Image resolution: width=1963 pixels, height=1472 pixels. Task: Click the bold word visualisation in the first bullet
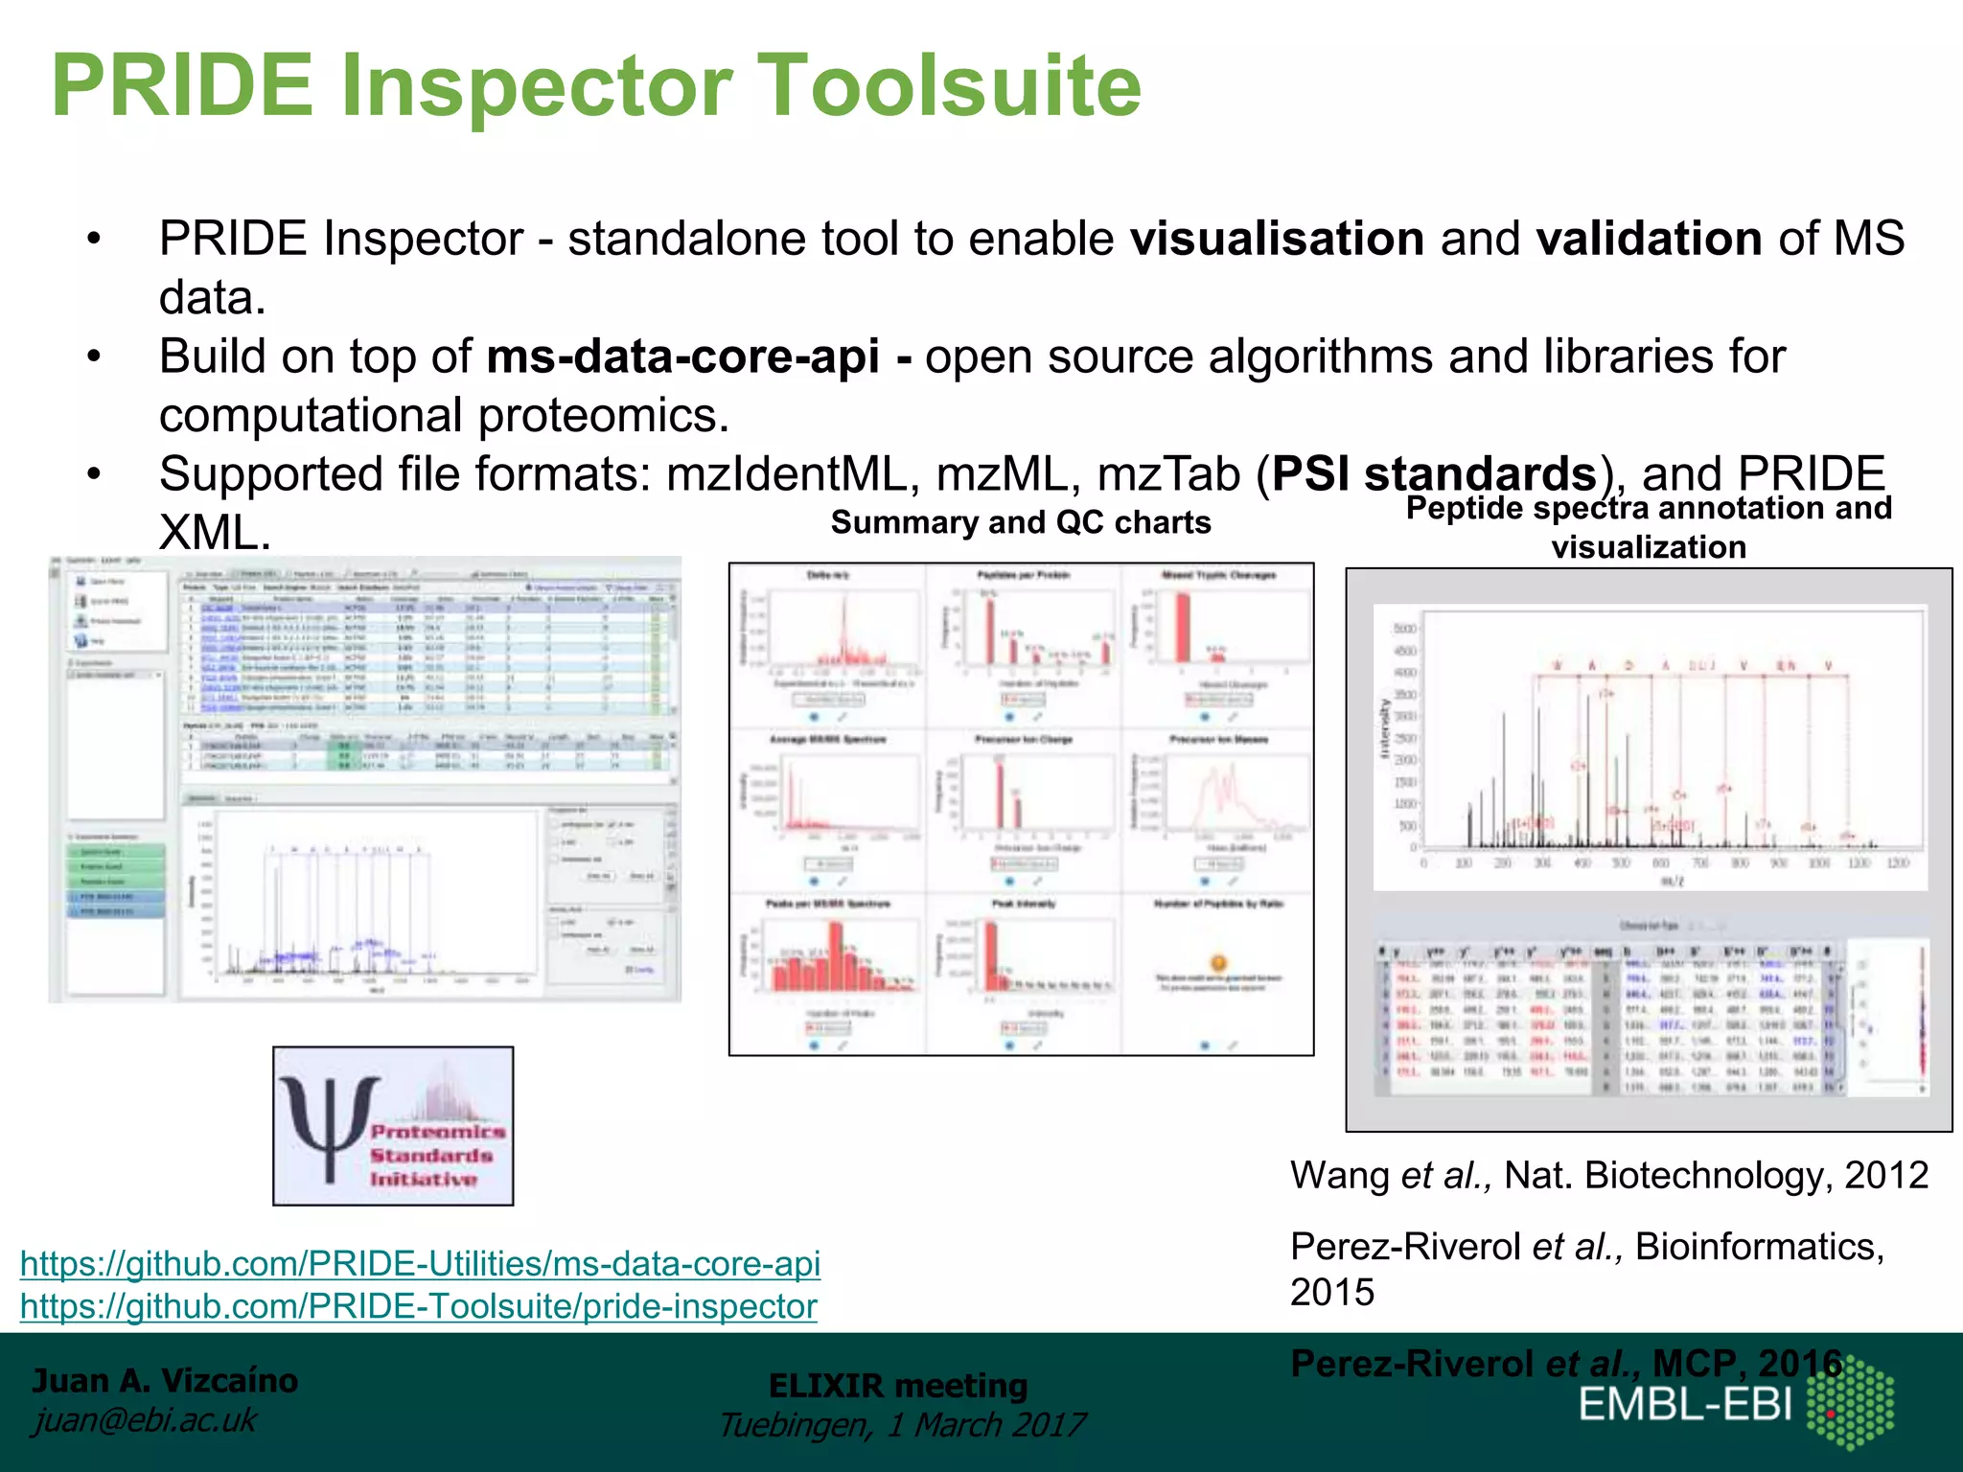click(x=1277, y=239)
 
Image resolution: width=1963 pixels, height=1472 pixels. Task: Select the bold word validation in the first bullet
click(x=1649, y=239)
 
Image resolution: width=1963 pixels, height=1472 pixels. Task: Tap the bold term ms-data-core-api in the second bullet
click(x=682, y=356)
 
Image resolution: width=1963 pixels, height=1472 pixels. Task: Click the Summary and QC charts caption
click(x=1021, y=522)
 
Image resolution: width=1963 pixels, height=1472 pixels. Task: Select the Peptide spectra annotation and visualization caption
click(x=1649, y=527)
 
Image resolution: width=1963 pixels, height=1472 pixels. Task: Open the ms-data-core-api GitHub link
click(x=420, y=1263)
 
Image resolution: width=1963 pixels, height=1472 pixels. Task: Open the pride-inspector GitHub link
click(x=418, y=1306)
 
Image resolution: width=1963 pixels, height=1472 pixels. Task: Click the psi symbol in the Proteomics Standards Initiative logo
click(x=328, y=1126)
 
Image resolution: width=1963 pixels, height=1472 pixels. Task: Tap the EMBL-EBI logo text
click(x=1685, y=1405)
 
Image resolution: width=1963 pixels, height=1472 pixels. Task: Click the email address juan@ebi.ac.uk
click(x=144, y=1420)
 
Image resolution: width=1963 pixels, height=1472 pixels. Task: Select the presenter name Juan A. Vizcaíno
click(x=165, y=1381)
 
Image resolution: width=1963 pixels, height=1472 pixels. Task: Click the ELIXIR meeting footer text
click(x=898, y=1386)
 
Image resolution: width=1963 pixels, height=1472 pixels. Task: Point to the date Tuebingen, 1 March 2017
click(x=901, y=1425)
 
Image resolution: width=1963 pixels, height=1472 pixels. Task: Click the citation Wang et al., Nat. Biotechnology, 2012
click(x=1608, y=1175)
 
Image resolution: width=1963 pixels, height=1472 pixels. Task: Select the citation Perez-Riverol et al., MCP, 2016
click(x=1566, y=1363)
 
